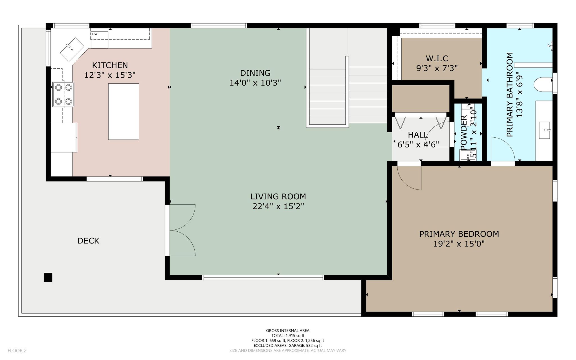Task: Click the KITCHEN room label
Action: pos(110,65)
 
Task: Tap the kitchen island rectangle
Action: pos(123,111)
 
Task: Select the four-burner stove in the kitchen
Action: pos(63,95)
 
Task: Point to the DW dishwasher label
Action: pos(95,34)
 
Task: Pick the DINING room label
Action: pos(255,73)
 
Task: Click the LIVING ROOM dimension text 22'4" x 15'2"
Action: pos(278,207)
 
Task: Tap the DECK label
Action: pos(88,241)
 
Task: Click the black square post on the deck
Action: pos(48,277)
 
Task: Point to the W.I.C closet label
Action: pos(437,59)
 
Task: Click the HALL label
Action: pos(418,135)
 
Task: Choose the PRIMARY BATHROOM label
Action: pos(510,95)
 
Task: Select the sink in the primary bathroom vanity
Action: pos(545,130)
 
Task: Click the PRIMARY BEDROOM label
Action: pos(459,234)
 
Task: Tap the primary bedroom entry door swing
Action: pos(409,178)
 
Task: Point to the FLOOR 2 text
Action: pos(17,351)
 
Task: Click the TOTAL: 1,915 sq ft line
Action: pos(288,336)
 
